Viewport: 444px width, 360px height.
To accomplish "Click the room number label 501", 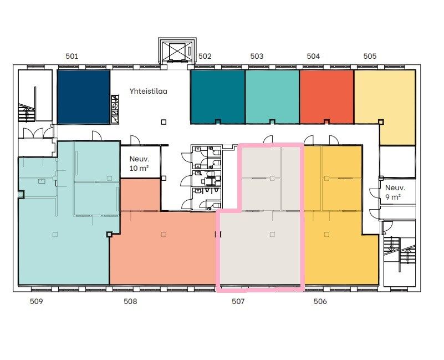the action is pos(72,56).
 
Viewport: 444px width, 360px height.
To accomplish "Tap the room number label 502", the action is pos(205,56).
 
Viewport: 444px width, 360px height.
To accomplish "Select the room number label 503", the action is pos(257,56).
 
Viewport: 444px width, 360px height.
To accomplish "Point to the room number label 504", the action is pos(313,56).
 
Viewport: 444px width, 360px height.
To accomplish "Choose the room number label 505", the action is pos(370,56).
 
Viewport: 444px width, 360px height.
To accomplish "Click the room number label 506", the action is pos(320,301).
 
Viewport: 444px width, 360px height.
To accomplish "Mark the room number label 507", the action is pos(238,301).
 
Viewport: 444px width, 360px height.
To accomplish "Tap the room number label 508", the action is pos(130,301).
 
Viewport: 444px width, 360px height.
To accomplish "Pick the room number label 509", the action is pos(36,301).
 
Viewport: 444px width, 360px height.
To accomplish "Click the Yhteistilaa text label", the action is pos(149,92).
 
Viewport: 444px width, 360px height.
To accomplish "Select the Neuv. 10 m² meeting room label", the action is pos(139,164).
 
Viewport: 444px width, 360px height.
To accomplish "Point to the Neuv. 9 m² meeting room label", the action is pos(395,192).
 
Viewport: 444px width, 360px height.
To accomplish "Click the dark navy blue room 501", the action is pos(84,97).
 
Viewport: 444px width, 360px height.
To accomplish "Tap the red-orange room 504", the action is pos(327,97).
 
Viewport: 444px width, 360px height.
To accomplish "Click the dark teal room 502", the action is pos(217,97).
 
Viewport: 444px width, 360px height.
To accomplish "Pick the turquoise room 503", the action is pos(272,97).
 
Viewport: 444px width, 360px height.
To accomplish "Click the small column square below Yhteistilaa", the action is pos(164,122).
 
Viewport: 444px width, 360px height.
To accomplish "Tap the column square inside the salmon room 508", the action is pos(164,235).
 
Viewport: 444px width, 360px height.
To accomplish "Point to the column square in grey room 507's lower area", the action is pos(272,235).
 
